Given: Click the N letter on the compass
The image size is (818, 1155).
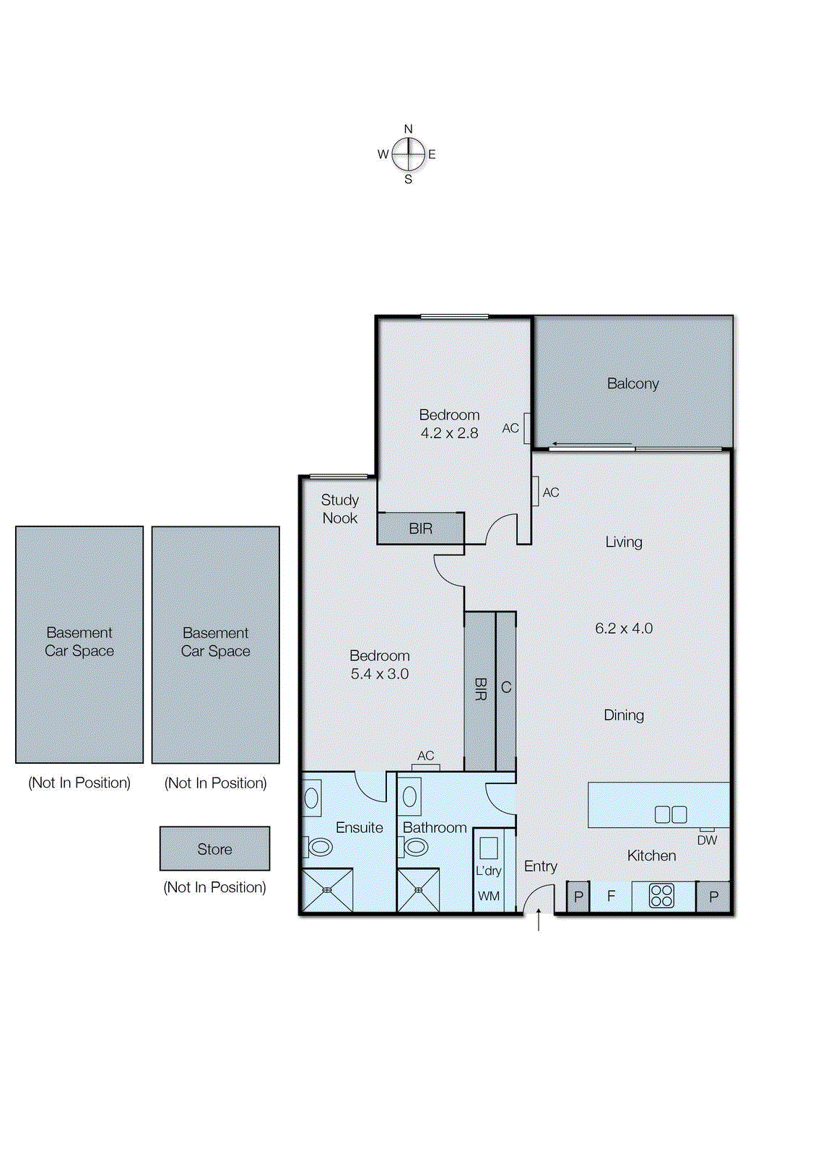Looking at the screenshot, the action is pos(408,129).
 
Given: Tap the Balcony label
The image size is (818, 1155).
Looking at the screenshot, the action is pos(633,383).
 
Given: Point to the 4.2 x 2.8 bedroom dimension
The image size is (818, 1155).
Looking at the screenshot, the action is pos(449,433).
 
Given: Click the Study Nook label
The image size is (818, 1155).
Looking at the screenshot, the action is pos(340,509).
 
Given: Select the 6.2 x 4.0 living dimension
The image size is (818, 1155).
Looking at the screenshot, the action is pos(624,628).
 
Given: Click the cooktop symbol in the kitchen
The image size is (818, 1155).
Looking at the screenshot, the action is pos(661,896).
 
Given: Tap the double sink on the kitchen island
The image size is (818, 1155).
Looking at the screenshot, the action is pos(671,814).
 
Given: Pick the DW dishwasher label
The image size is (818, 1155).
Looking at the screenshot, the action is pos(707,840).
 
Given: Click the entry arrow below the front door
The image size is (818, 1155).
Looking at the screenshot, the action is pos(539,920).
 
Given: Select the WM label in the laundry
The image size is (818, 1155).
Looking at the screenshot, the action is pos(489,896).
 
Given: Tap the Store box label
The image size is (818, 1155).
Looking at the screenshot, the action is pos(214,849).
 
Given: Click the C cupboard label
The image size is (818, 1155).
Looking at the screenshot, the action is pos(506,687).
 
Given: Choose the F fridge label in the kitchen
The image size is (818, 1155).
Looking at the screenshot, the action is pos(612,896).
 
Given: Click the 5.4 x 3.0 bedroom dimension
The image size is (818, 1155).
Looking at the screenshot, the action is pos(380,674).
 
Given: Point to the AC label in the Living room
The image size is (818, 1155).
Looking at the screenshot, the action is pos(551,492).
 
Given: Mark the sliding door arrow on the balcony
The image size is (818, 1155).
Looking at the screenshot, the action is pos(591,444).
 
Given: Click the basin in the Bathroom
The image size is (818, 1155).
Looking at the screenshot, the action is pos(409,797).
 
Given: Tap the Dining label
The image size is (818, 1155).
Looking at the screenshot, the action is pos(624,715).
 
